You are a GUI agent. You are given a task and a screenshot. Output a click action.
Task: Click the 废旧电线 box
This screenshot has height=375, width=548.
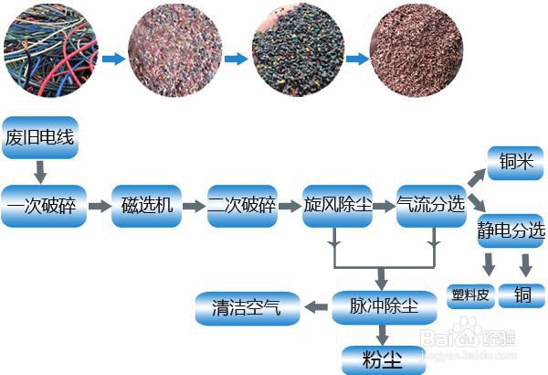pyautogui.click(x=40, y=137)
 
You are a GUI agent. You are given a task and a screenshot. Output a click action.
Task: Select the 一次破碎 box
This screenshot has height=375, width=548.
pyautogui.click(x=44, y=206)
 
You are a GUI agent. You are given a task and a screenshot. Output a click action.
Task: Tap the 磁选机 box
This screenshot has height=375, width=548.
pyautogui.click(x=146, y=206)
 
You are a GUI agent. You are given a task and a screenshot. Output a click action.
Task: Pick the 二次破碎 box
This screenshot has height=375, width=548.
pyautogui.click(x=242, y=206)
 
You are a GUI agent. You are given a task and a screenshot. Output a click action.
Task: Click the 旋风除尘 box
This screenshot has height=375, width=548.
pyautogui.click(x=337, y=206)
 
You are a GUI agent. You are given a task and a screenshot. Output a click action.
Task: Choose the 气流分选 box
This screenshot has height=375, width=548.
pyautogui.click(x=431, y=206)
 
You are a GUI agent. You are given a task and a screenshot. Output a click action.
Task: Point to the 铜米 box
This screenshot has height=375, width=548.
pyautogui.click(x=515, y=163)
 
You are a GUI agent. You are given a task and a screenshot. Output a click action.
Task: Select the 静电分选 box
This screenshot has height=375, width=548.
pyautogui.click(x=511, y=230)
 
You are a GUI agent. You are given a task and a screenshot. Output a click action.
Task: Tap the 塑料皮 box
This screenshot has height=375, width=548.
pyautogui.click(x=470, y=296)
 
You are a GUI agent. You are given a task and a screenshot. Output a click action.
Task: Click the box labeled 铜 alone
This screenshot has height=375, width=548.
pyautogui.click(x=522, y=296)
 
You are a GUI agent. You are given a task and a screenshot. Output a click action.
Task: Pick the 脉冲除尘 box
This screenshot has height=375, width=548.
pyautogui.click(x=385, y=307)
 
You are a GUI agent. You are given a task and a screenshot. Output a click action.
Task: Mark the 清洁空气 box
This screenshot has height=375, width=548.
pyautogui.click(x=248, y=308)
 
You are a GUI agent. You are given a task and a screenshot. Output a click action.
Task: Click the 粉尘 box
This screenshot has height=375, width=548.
pyautogui.click(x=384, y=360)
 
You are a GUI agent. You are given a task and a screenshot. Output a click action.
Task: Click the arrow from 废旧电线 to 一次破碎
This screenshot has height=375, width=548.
pyautogui.click(x=40, y=172)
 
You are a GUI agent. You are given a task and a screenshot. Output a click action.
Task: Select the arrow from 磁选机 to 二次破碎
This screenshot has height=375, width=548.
pyautogui.click(x=195, y=206)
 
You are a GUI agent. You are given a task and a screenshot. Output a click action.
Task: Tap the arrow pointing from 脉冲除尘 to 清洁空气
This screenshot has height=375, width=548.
pyautogui.click(x=316, y=307)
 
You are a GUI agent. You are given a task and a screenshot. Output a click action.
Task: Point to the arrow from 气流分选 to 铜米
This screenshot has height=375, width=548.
pyautogui.click(x=476, y=177)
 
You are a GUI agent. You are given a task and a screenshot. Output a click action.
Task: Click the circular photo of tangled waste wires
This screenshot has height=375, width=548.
pyautogui.click(x=51, y=50)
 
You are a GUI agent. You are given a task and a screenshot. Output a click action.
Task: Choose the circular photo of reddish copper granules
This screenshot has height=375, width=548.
pyautogui.click(x=416, y=49)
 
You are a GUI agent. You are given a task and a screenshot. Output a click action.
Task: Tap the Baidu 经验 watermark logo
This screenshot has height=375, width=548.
pyautogui.click(x=468, y=337)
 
